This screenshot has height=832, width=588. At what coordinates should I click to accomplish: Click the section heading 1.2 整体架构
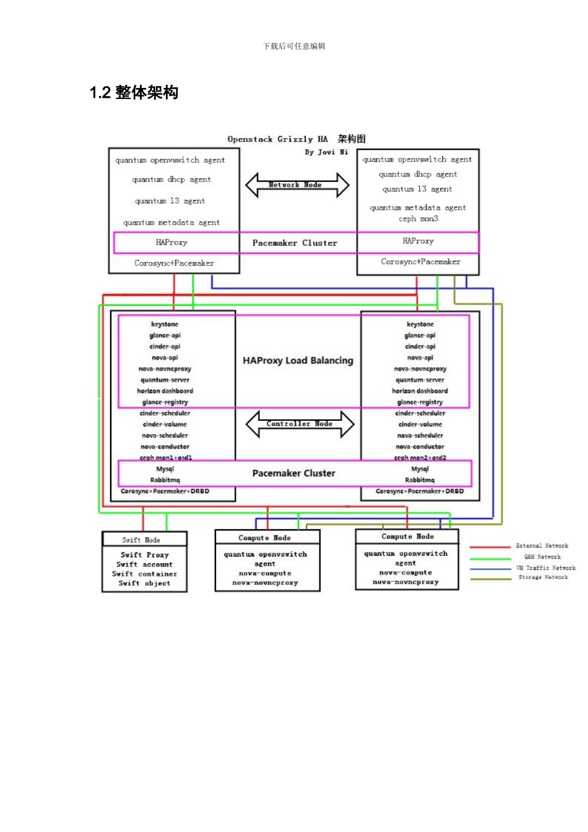tap(134, 93)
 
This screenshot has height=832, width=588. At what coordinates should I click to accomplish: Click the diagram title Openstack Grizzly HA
tap(277, 139)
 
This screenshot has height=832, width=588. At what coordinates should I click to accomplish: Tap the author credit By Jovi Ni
tap(326, 152)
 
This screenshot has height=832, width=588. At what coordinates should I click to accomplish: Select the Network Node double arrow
tap(297, 184)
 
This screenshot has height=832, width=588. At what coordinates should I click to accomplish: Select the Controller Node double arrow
tap(300, 424)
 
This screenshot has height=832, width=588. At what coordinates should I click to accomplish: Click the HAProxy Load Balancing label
tap(298, 360)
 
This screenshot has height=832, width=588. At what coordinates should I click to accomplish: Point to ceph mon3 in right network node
tap(418, 219)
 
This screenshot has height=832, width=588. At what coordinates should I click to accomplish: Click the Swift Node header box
tap(144, 540)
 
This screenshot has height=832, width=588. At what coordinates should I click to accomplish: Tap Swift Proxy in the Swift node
tap(145, 555)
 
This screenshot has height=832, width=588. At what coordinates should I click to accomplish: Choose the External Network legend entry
tap(542, 546)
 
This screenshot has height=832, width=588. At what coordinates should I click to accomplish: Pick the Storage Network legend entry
tap(543, 577)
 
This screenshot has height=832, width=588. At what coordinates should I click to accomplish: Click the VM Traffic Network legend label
tap(545, 568)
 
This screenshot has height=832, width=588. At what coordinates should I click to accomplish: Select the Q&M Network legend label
tap(542, 557)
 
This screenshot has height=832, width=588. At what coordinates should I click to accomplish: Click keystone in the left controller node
tap(165, 324)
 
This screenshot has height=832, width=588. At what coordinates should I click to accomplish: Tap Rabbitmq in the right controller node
tap(420, 480)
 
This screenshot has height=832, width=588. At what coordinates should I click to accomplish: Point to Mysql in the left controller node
tap(165, 469)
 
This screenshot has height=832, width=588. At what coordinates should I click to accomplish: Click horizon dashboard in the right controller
tap(420, 391)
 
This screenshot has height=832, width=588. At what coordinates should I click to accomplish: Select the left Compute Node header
tap(264, 538)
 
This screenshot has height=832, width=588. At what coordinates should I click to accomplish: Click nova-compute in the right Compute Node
tap(405, 573)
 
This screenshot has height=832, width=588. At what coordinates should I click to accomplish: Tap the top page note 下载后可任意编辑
tap(294, 46)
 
